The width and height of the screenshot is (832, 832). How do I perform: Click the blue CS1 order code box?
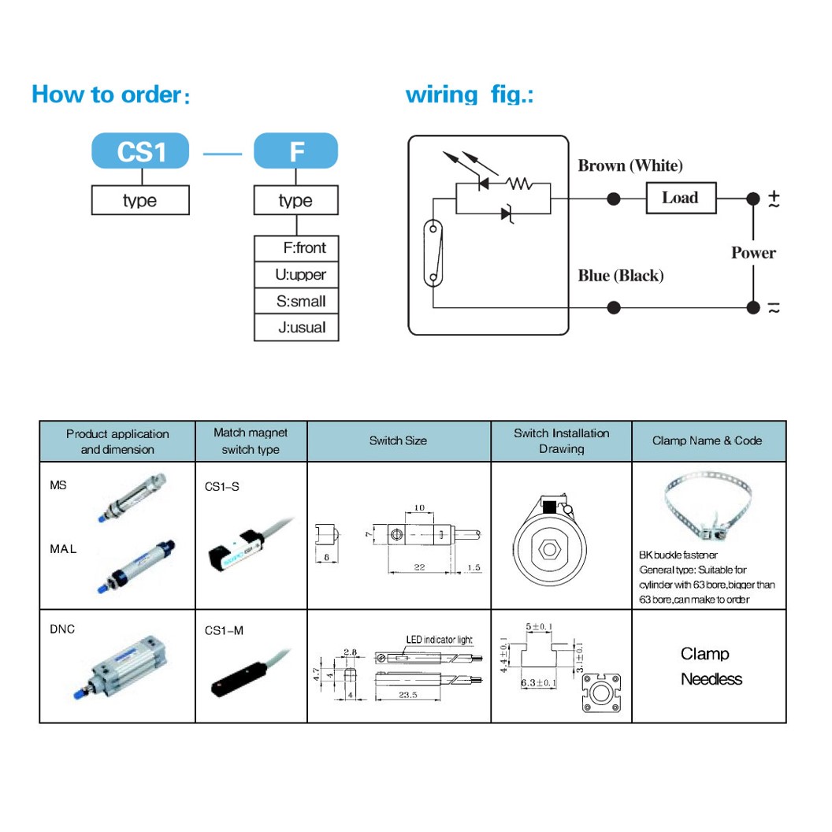[140, 150]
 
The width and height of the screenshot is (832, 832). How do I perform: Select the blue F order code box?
[295, 150]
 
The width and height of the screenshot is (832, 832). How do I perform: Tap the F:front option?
[296, 248]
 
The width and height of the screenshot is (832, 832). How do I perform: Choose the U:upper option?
[296, 275]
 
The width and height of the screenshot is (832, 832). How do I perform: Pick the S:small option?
[296, 302]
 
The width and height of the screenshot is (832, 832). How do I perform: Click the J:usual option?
[296, 328]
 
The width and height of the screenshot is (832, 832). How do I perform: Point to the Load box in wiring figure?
[681, 198]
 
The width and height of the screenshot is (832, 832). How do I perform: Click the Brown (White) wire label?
[630, 165]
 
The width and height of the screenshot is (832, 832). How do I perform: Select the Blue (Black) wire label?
[621, 276]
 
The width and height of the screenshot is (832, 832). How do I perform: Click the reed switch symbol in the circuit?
[431, 252]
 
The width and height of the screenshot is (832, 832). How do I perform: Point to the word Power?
[753, 253]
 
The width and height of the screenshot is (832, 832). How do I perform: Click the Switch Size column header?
[398, 441]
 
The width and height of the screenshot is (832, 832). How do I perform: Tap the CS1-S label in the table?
[221, 487]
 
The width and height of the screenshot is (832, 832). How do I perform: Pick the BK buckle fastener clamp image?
[708, 508]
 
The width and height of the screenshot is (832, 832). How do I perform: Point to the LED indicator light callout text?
[439, 640]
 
